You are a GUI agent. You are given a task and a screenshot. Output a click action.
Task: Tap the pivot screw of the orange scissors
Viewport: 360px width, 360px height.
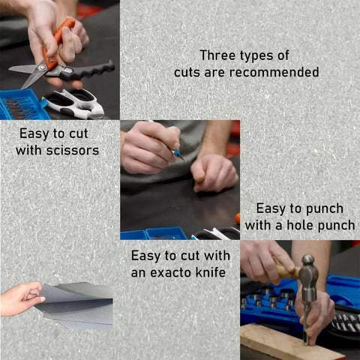(42, 67)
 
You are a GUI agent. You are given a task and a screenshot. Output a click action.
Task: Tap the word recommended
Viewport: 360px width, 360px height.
(274, 72)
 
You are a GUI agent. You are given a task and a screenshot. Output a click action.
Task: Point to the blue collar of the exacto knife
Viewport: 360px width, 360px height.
(177, 152)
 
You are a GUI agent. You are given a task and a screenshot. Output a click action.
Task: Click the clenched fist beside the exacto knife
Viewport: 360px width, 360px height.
(214, 172)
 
